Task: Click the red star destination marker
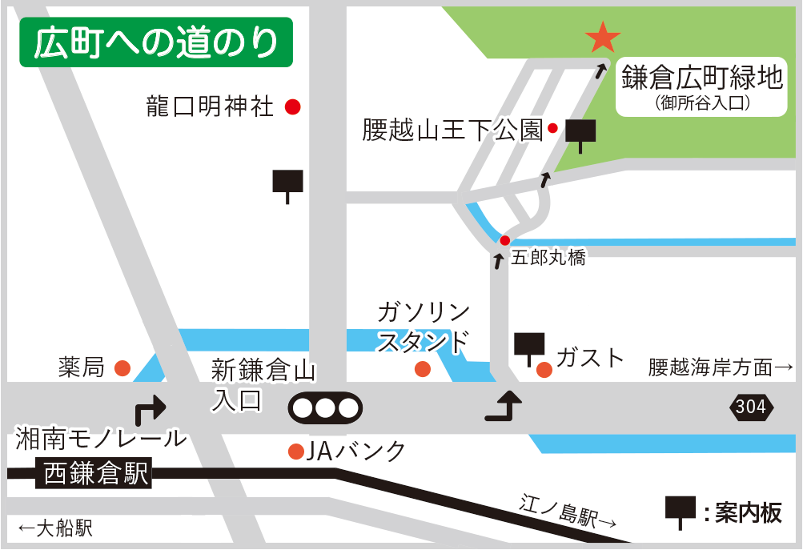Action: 602,37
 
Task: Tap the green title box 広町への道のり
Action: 156,43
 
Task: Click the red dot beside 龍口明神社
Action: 293,106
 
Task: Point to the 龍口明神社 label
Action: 211,106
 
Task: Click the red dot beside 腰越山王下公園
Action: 552,128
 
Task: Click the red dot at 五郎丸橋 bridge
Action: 504,240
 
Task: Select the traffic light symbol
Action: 324,407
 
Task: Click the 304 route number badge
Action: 751,407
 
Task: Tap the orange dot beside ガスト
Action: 544,369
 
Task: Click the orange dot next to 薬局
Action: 122,368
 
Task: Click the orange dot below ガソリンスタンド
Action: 423,369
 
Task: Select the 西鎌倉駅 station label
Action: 96,476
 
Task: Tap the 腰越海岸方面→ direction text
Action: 720,367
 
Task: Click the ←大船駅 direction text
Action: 54,528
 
